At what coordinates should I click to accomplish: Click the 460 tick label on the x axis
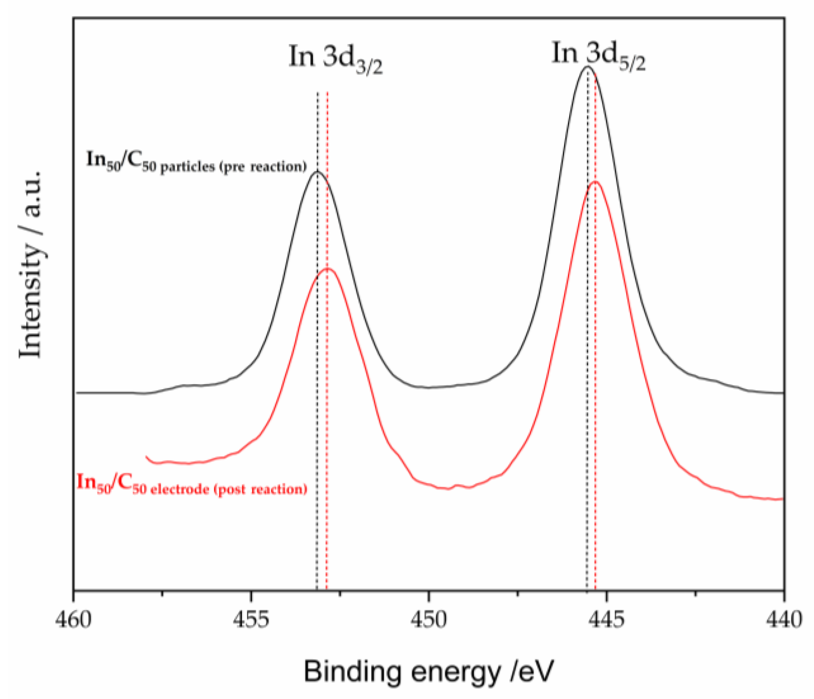[x=73, y=620]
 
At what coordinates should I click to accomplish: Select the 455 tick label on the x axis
[x=251, y=620]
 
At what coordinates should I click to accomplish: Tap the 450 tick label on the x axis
[x=429, y=620]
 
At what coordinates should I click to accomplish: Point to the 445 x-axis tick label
[x=607, y=620]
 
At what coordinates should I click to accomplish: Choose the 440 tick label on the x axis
[x=784, y=620]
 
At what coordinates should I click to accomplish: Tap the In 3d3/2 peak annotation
[x=336, y=59]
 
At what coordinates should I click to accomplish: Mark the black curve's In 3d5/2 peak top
[x=587, y=67]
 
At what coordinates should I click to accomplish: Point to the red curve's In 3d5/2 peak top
[x=595, y=182]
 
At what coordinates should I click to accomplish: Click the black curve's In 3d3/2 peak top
[x=317, y=171]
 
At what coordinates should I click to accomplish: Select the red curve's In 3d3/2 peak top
[x=328, y=268]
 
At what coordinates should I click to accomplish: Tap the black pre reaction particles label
[x=196, y=163]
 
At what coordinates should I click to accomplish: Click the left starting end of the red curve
[x=147, y=457]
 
